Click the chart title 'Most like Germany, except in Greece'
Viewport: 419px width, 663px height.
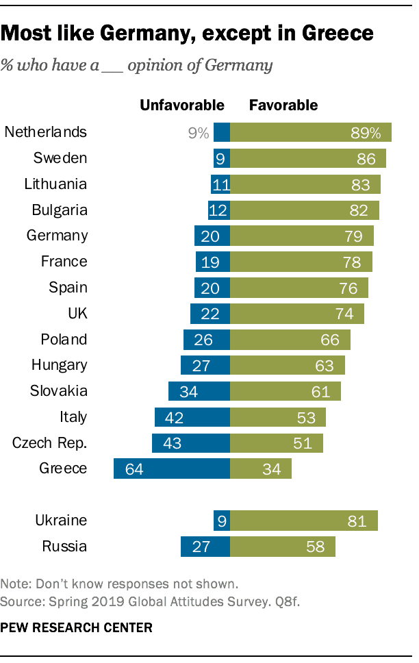[x=188, y=33]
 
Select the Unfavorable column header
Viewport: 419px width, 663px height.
[x=182, y=105]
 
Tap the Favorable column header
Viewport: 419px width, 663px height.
[x=283, y=105]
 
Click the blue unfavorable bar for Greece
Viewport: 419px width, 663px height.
[x=171, y=468]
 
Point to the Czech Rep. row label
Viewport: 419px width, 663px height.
[x=49, y=443]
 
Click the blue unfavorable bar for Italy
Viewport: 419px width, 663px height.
[x=192, y=417]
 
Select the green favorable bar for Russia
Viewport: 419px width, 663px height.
[x=282, y=546]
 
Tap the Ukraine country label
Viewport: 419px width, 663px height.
[x=61, y=520]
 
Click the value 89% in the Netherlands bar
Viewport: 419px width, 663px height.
[x=366, y=133]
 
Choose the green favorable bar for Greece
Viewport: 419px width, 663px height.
[x=260, y=468]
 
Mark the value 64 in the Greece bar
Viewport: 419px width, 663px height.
[x=135, y=469]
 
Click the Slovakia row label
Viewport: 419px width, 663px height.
[x=58, y=391]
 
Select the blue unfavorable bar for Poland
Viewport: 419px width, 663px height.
[x=206, y=340]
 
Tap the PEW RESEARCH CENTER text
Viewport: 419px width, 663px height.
[x=77, y=627]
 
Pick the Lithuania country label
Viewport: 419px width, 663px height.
[x=55, y=184]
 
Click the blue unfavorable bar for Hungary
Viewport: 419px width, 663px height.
[x=205, y=365]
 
